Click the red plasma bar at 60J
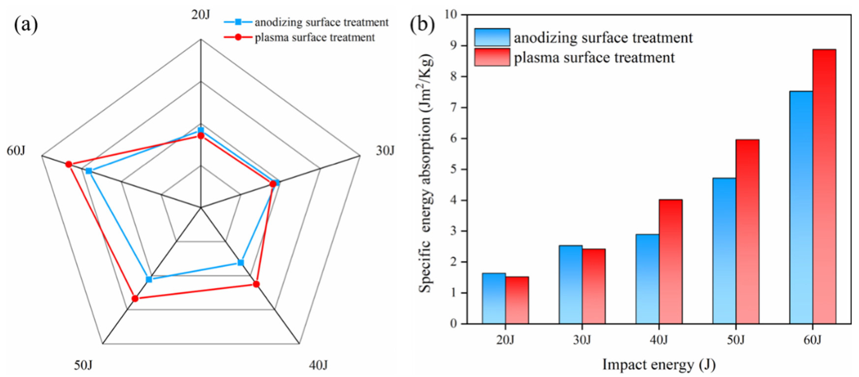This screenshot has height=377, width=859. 824,187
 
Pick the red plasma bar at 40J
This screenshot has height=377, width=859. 671,262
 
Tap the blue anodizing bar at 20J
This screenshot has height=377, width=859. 494,298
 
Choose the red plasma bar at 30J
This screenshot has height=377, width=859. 594,286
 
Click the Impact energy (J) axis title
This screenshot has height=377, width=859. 659,365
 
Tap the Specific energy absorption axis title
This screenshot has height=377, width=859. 426,173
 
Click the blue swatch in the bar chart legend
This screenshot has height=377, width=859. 492,37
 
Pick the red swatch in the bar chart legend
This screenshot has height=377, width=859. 492,57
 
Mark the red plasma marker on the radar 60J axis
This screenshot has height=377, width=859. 69,164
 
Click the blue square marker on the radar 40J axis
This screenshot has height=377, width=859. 240,263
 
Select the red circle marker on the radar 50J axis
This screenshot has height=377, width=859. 135,298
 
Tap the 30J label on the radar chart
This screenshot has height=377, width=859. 385,151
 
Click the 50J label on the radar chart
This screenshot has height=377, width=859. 83,365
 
